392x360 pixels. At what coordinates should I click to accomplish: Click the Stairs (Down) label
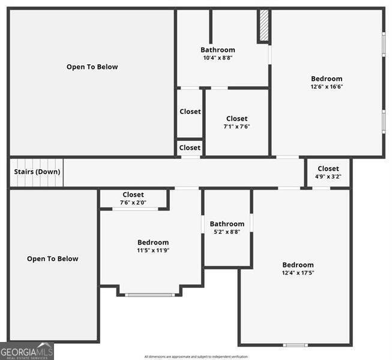pyautogui.click(x=37, y=172)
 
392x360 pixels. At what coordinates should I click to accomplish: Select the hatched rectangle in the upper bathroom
pyautogui.click(x=264, y=26)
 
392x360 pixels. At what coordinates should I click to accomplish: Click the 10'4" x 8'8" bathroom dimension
pyautogui.click(x=218, y=58)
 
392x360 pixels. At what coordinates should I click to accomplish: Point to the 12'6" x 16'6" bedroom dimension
pyautogui.click(x=327, y=86)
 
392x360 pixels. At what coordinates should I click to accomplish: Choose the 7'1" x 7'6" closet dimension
pyautogui.click(x=237, y=127)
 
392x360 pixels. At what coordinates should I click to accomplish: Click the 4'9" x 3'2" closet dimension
pyautogui.click(x=328, y=177)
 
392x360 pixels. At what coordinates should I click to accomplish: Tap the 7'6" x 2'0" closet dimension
pyautogui.click(x=133, y=203)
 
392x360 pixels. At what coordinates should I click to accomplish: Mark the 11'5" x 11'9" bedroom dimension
pyautogui.click(x=153, y=251)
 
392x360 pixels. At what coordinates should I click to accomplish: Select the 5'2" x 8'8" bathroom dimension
pyautogui.click(x=227, y=232)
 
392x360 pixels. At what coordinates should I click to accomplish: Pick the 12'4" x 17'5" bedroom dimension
pyautogui.click(x=298, y=273)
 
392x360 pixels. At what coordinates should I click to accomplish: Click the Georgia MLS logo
pyautogui.click(x=27, y=351)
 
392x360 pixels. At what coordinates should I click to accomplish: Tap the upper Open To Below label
pyautogui.click(x=92, y=67)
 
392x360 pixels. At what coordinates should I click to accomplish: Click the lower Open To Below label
pyautogui.click(x=52, y=259)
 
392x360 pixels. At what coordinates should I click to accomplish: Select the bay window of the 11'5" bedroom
pyautogui.click(x=150, y=295)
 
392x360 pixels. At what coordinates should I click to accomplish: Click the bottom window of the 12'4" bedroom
pyautogui.click(x=295, y=345)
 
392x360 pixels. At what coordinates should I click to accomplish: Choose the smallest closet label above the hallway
pyautogui.click(x=190, y=148)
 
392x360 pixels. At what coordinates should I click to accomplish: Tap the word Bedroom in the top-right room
pyautogui.click(x=327, y=79)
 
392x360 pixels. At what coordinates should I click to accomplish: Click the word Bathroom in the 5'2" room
pyautogui.click(x=227, y=224)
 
